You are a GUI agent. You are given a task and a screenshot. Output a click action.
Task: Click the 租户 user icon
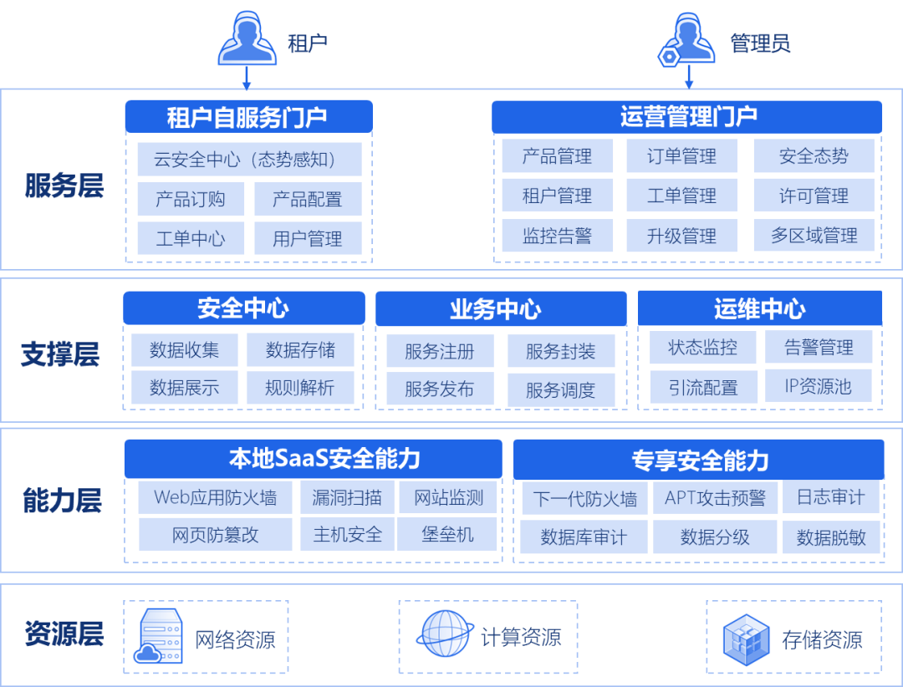point(247,41)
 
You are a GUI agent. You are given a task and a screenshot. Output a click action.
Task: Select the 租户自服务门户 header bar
point(248,117)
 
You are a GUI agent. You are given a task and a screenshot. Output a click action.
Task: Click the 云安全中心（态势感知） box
point(249,159)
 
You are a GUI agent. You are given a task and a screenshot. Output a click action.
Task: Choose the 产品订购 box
point(191,199)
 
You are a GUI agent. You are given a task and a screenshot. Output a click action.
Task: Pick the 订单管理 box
point(681,156)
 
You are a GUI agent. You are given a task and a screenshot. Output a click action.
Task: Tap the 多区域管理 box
point(814,236)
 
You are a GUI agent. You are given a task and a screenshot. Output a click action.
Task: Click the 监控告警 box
point(557,236)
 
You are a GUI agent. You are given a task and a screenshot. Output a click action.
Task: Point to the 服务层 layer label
point(64,186)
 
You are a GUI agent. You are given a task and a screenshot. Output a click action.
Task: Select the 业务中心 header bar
point(500,309)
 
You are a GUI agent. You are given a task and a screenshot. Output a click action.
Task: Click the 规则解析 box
point(299,388)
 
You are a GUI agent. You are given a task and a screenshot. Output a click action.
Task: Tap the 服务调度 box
point(560,390)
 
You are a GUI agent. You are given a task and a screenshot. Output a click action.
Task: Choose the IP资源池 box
point(818,386)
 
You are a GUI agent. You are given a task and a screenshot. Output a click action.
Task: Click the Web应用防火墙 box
point(215,498)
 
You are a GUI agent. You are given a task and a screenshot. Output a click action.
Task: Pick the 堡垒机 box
point(447,534)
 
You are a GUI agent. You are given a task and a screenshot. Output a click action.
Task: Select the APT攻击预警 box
point(715,498)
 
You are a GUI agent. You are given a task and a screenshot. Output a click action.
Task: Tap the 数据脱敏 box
point(831,537)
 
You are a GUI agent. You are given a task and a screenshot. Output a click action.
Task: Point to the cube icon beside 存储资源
point(746,639)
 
